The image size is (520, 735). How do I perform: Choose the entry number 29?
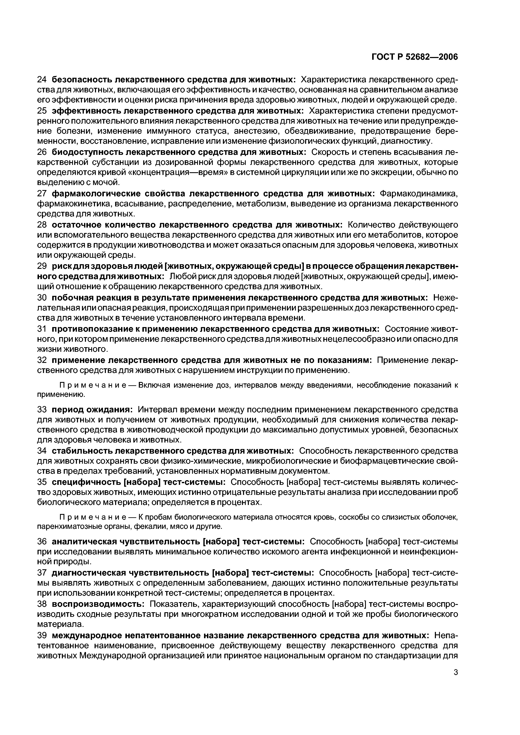tap(42, 266)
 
